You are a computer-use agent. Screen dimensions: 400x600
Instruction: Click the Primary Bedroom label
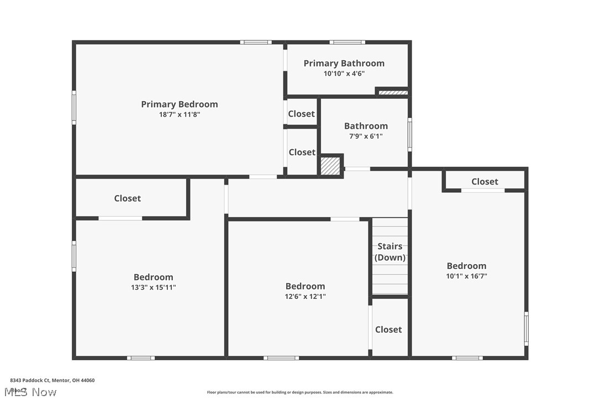coord(179,104)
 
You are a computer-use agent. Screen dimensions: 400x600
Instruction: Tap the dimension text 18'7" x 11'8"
coord(179,114)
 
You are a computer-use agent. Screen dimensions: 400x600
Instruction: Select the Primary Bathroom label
coord(344,63)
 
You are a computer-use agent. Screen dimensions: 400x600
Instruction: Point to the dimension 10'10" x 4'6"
coord(344,73)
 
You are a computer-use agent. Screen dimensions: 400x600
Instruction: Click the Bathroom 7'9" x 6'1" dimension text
coord(366,136)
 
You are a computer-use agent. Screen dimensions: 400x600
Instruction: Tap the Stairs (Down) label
coord(390,252)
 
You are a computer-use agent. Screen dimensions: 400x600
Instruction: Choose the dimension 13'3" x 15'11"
coord(153,287)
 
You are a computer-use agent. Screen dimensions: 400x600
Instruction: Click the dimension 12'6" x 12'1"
coord(305,296)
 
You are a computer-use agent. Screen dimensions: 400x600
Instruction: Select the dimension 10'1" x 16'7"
coord(466,276)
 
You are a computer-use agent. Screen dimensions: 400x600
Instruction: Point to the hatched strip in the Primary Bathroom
coord(393,92)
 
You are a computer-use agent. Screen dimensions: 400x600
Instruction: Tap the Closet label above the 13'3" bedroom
coord(127,198)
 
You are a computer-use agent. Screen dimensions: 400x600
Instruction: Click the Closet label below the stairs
coord(388,329)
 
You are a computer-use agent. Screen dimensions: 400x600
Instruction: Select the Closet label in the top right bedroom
coord(485,181)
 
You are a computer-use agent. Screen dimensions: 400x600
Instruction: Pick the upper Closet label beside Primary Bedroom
coord(302,114)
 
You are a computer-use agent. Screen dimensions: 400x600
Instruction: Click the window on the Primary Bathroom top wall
coord(347,42)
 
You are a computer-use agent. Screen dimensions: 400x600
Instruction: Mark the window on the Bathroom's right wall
coord(409,134)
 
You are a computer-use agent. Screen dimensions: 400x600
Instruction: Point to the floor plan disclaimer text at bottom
coord(300,392)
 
